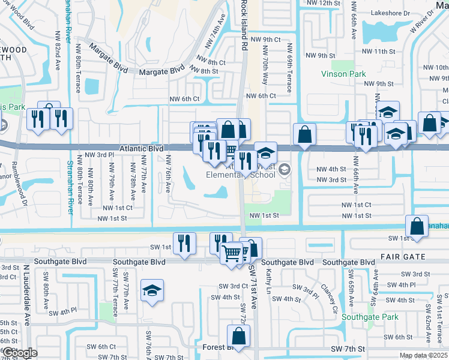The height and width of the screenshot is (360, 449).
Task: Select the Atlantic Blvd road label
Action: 142,148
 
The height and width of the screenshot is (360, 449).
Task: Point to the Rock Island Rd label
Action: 244,24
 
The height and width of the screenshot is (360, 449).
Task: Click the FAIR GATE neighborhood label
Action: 402,257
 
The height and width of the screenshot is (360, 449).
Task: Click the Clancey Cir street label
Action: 327,294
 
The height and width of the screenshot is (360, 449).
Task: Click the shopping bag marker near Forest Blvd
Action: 238,338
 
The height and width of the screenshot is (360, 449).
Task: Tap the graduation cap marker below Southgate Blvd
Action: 152,292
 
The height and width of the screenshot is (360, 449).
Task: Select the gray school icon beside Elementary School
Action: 285,170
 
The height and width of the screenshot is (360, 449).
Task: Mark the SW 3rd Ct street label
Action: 233,286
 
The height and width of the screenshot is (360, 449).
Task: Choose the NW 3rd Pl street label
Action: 99,155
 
